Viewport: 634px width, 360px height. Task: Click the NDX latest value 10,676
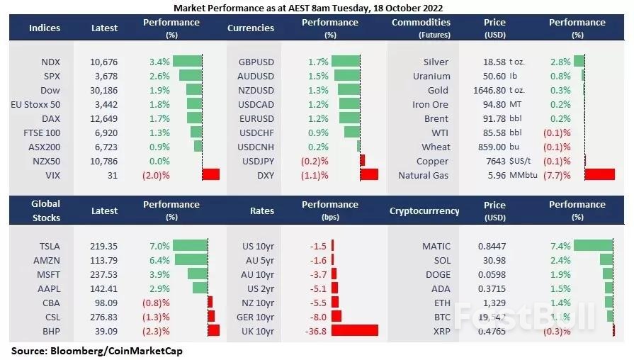coord(104,62)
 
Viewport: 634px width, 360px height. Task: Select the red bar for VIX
coord(211,175)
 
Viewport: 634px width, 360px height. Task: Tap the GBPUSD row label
coord(256,62)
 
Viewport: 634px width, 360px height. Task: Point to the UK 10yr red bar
coord(355,330)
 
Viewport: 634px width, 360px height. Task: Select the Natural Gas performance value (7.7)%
coord(556,175)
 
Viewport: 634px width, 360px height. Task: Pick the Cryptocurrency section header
coord(424,210)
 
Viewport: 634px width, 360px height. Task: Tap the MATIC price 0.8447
coord(495,246)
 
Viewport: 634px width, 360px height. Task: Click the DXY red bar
coord(369,175)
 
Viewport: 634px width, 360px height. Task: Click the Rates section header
coord(261,210)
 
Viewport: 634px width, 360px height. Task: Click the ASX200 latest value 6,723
coord(104,147)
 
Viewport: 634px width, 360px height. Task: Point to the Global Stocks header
coord(45,210)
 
